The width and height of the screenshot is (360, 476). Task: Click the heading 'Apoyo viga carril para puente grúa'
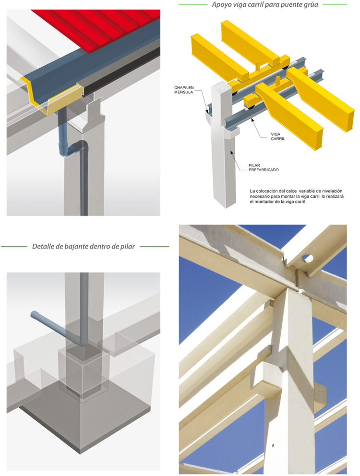pos(265,4)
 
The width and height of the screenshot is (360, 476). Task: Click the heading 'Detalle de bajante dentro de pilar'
pos(84,246)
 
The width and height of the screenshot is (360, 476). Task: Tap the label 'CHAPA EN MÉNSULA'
pos(184,90)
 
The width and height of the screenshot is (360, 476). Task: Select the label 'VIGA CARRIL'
pos(278,136)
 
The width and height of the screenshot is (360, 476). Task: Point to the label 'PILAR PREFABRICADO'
pos(264,167)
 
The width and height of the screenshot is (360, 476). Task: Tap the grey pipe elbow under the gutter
pos(71,151)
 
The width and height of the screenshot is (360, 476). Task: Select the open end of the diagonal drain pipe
pos(33,315)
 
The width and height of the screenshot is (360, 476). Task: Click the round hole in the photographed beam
pos(308,258)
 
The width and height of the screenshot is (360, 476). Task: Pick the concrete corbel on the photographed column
pos(266,373)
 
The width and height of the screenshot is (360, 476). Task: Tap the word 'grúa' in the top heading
pos(311,5)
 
